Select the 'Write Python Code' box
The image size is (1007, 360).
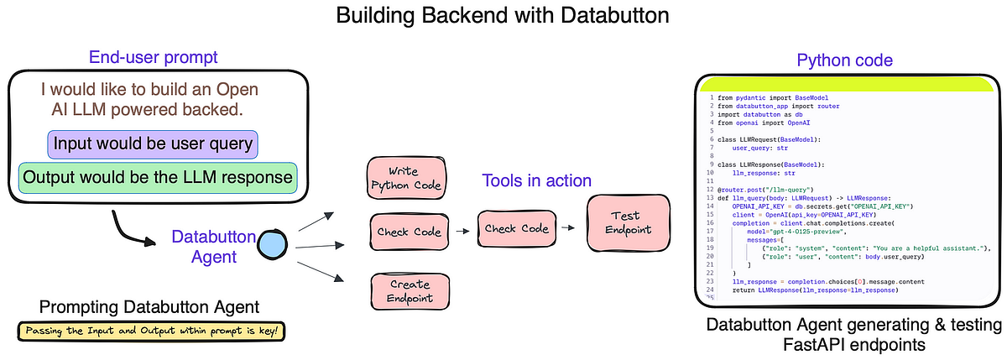(x=405, y=177)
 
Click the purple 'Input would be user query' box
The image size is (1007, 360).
(x=153, y=143)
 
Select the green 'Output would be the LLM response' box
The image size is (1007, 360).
(x=159, y=177)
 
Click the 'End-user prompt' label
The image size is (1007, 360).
(x=153, y=58)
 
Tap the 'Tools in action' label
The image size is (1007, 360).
(x=536, y=180)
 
